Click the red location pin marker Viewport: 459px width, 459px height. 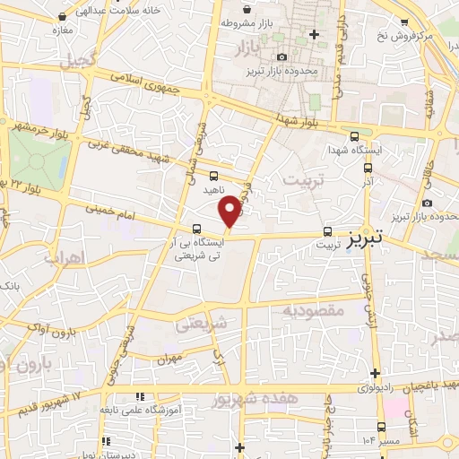pyautogui.click(x=230, y=211)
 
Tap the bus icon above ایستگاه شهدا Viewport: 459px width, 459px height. pyautogui.click(x=356, y=137)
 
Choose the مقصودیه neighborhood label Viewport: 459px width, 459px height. pyautogui.click(x=314, y=309)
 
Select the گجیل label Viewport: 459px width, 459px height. pyautogui.click(x=63, y=62)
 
